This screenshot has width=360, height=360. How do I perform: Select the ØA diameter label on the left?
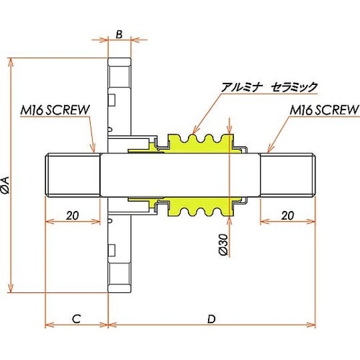6,185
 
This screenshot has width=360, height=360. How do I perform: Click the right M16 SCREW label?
325,110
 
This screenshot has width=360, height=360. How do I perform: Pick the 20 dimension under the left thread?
72,215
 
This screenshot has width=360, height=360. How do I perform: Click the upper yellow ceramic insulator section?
198,142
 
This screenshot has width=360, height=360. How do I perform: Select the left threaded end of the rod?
72,176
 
